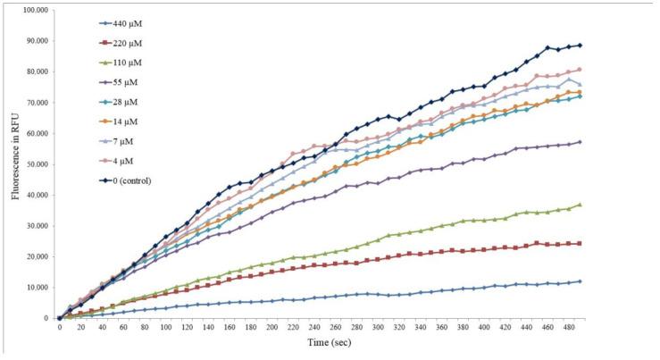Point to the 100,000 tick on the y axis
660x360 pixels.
(33, 10)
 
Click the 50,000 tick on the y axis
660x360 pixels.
(35, 163)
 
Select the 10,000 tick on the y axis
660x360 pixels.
(35, 287)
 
